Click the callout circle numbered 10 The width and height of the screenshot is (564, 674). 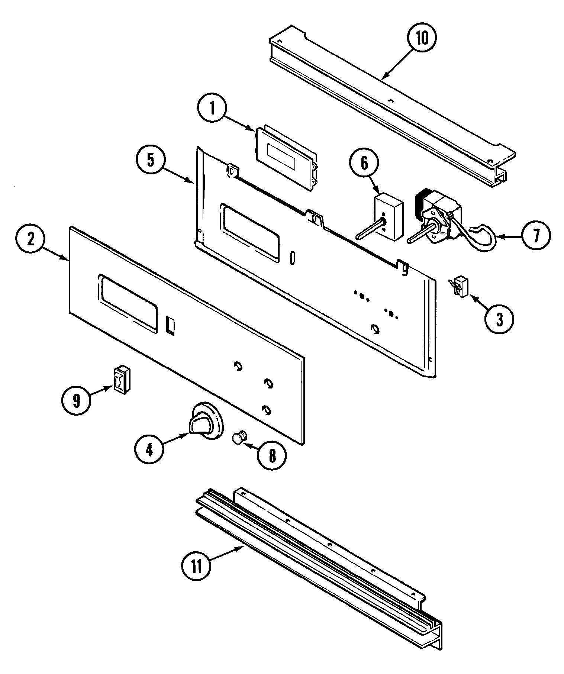(x=422, y=39)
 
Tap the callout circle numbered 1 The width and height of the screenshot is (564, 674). (x=212, y=108)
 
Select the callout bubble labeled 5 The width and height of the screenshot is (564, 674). (x=150, y=160)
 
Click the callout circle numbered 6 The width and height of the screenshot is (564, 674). (x=364, y=162)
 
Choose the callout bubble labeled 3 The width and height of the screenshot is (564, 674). (x=499, y=319)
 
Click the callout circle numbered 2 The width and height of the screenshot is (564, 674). (x=30, y=239)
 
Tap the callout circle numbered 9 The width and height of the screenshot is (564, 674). (x=76, y=401)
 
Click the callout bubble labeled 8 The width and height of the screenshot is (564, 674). (x=273, y=456)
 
